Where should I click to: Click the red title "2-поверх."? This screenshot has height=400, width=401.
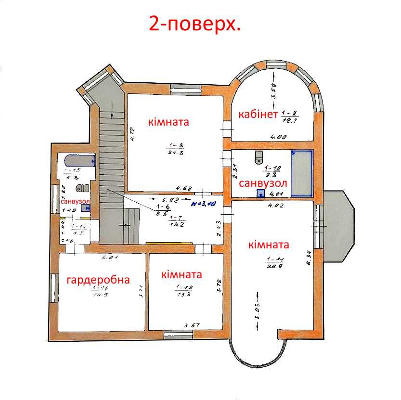click(195, 24)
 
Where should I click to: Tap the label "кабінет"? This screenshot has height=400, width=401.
click(258, 115)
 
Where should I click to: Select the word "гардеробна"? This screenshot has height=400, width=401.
click(98, 280)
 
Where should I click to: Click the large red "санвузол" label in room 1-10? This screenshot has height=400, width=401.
click(263, 183)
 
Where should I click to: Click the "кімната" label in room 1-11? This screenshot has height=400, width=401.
click(269, 245)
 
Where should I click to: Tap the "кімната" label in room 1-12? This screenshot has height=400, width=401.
click(181, 275)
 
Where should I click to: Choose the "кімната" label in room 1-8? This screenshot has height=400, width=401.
click(168, 122)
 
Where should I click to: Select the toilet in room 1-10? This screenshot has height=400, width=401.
click(259, 155)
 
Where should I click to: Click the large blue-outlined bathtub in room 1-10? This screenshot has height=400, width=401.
click(301, 173)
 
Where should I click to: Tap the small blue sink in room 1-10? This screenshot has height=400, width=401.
click(260, 194)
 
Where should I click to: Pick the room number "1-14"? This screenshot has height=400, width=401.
click(78, 226)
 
